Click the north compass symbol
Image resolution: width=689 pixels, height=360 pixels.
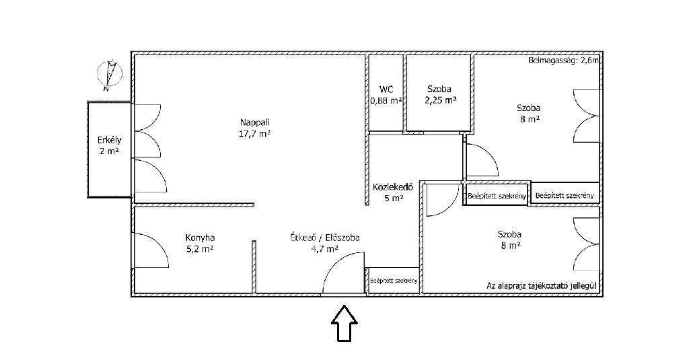point(110,74)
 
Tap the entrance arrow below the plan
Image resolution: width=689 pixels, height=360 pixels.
point(344,324)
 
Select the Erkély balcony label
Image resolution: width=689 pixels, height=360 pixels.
point(110,141)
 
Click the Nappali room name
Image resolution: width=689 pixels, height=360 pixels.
point(254,122)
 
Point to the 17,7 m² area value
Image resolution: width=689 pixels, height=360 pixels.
point(254,134)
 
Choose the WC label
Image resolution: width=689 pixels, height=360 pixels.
point(386,89)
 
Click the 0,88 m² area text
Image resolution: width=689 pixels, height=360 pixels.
point(386,100)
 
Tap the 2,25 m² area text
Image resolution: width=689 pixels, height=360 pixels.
point(440,100)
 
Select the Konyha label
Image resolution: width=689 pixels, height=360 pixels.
point(200,238)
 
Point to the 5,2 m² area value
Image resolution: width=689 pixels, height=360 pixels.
point(200,249)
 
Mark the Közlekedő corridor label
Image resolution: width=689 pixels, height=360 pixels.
point(394,186)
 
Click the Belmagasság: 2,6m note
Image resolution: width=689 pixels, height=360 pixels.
point(563,61)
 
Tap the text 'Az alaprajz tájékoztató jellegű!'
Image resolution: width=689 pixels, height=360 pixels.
point(542,285)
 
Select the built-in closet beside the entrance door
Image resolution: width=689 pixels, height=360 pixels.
point(393,280)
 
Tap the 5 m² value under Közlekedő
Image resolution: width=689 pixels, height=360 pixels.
point(394,199)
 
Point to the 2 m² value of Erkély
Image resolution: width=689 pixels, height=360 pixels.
point(110,152)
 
